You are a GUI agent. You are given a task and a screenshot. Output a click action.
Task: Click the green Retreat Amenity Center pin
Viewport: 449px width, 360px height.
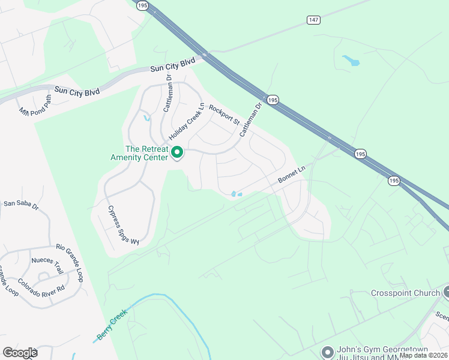coord(177,153)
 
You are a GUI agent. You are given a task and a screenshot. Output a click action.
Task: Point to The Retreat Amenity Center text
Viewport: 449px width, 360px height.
coord(147,153)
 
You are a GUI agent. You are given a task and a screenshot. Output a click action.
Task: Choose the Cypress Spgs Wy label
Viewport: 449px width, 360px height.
coord(123,225)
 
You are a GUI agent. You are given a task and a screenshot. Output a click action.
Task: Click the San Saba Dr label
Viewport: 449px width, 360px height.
coord(21,204)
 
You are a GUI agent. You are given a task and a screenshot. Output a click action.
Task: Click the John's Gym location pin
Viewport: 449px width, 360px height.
coord(327,352)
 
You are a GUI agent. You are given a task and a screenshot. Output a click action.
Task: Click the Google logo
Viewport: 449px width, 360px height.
coord(20,353)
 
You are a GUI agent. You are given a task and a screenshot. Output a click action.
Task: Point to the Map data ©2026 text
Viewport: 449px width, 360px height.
coord(423,355)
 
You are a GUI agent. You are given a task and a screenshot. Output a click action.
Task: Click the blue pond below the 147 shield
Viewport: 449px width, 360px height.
coord(351,60)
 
